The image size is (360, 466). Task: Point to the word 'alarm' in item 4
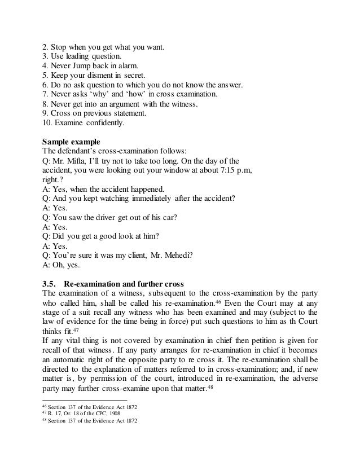pyautogui.click(x=125, y=65)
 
